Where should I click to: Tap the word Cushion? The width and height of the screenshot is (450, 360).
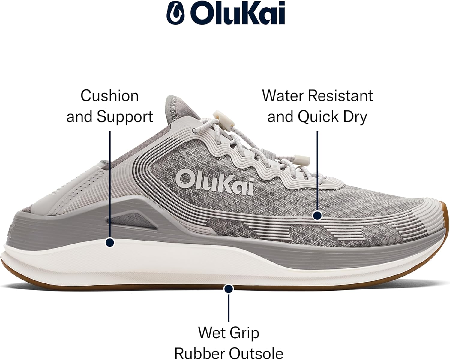[x=109, y=96]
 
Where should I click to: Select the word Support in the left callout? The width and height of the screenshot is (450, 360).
[x=124, y=117]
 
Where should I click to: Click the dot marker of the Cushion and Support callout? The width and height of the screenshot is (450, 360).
[x=110, y=243]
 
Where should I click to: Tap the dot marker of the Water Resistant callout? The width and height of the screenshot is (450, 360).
[x=317, y=215]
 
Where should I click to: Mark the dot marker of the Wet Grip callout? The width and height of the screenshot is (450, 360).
[x=229, y=289]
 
